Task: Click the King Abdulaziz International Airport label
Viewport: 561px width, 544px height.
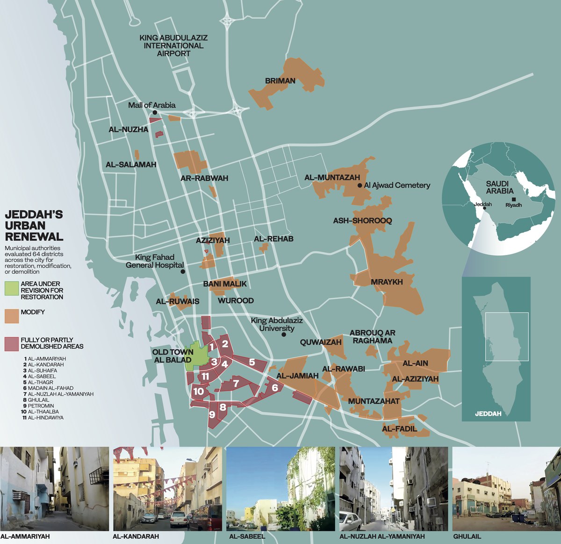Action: pos(173,45)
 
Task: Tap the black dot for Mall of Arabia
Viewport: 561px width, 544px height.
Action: pos(155,112)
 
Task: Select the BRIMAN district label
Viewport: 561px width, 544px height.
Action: pos(280,81)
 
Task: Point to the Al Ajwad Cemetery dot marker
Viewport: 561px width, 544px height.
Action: pos(360,186)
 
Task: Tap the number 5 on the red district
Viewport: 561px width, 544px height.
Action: pos(252,362)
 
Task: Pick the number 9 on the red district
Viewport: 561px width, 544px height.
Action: pos(212,414)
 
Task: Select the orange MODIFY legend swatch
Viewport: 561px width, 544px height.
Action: pos(11,316)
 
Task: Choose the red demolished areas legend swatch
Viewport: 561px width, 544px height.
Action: pos(11,344)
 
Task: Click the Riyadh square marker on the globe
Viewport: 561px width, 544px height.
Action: pos(514,199)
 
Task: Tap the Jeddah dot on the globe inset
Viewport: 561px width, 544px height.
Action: pos(485,209)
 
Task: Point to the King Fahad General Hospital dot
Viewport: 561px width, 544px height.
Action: pos(183,271)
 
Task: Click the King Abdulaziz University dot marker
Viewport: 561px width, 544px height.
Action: pos(284,335)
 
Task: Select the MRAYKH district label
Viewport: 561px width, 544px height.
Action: pos(387,282)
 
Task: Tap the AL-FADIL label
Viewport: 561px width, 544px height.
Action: pos(399,428)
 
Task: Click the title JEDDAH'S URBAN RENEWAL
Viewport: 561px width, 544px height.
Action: pos(34,225)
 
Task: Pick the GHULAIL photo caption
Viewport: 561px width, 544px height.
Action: pos(467,537)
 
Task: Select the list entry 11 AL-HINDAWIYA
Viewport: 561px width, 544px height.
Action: pos(43,418)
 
